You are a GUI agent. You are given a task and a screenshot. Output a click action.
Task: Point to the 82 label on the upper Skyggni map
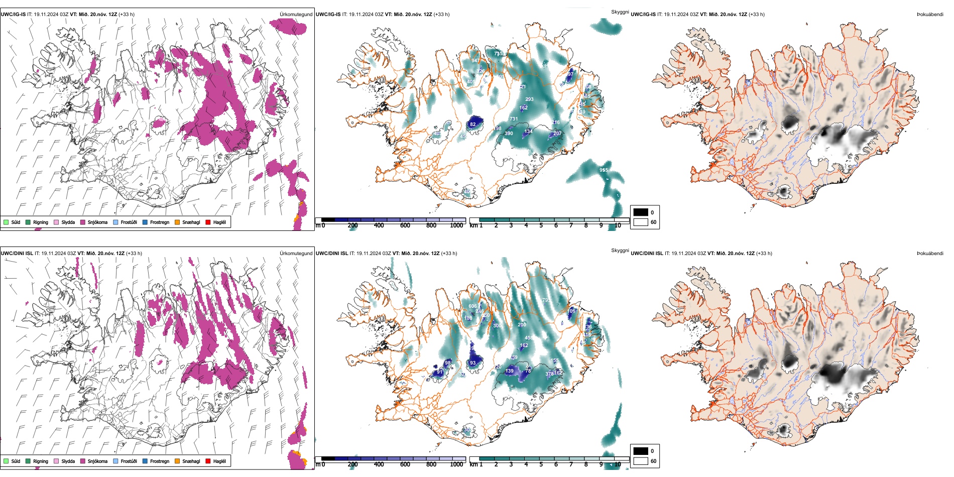473,124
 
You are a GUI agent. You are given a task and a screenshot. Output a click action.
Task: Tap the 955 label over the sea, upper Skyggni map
604,170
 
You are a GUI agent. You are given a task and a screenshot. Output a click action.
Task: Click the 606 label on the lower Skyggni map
472,306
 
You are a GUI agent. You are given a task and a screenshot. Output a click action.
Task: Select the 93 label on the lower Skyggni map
472,363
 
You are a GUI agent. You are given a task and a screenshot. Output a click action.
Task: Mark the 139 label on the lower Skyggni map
510,371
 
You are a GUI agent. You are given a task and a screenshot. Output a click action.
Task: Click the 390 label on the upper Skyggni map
509,133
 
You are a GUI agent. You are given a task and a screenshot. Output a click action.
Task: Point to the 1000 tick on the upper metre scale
456,225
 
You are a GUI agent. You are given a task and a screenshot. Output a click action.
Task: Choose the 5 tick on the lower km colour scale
541,464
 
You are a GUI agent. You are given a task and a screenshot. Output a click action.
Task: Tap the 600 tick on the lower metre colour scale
405,464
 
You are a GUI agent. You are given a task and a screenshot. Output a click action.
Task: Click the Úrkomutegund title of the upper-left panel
296,15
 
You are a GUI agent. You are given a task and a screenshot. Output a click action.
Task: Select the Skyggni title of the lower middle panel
620,251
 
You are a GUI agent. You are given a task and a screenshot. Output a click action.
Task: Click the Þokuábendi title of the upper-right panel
930,15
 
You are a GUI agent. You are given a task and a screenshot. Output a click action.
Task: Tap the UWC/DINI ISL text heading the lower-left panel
17,254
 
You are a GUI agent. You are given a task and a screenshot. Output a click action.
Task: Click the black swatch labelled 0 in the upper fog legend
641,212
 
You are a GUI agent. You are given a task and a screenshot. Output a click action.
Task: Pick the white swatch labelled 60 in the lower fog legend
641,461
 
